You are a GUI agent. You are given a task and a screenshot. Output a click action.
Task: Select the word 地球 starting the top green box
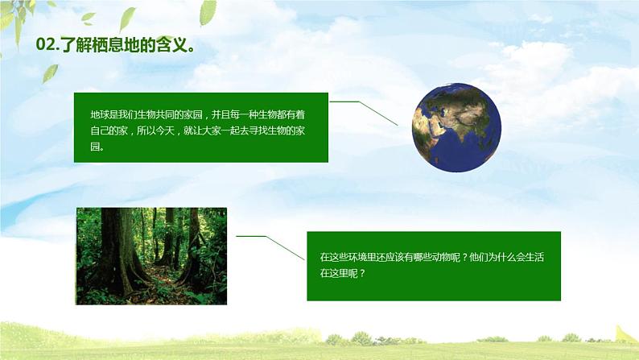click(98, 116)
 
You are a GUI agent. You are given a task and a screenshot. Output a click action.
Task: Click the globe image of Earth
click(456, 126)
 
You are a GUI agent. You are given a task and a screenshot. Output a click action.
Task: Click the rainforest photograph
click(151, 255)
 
